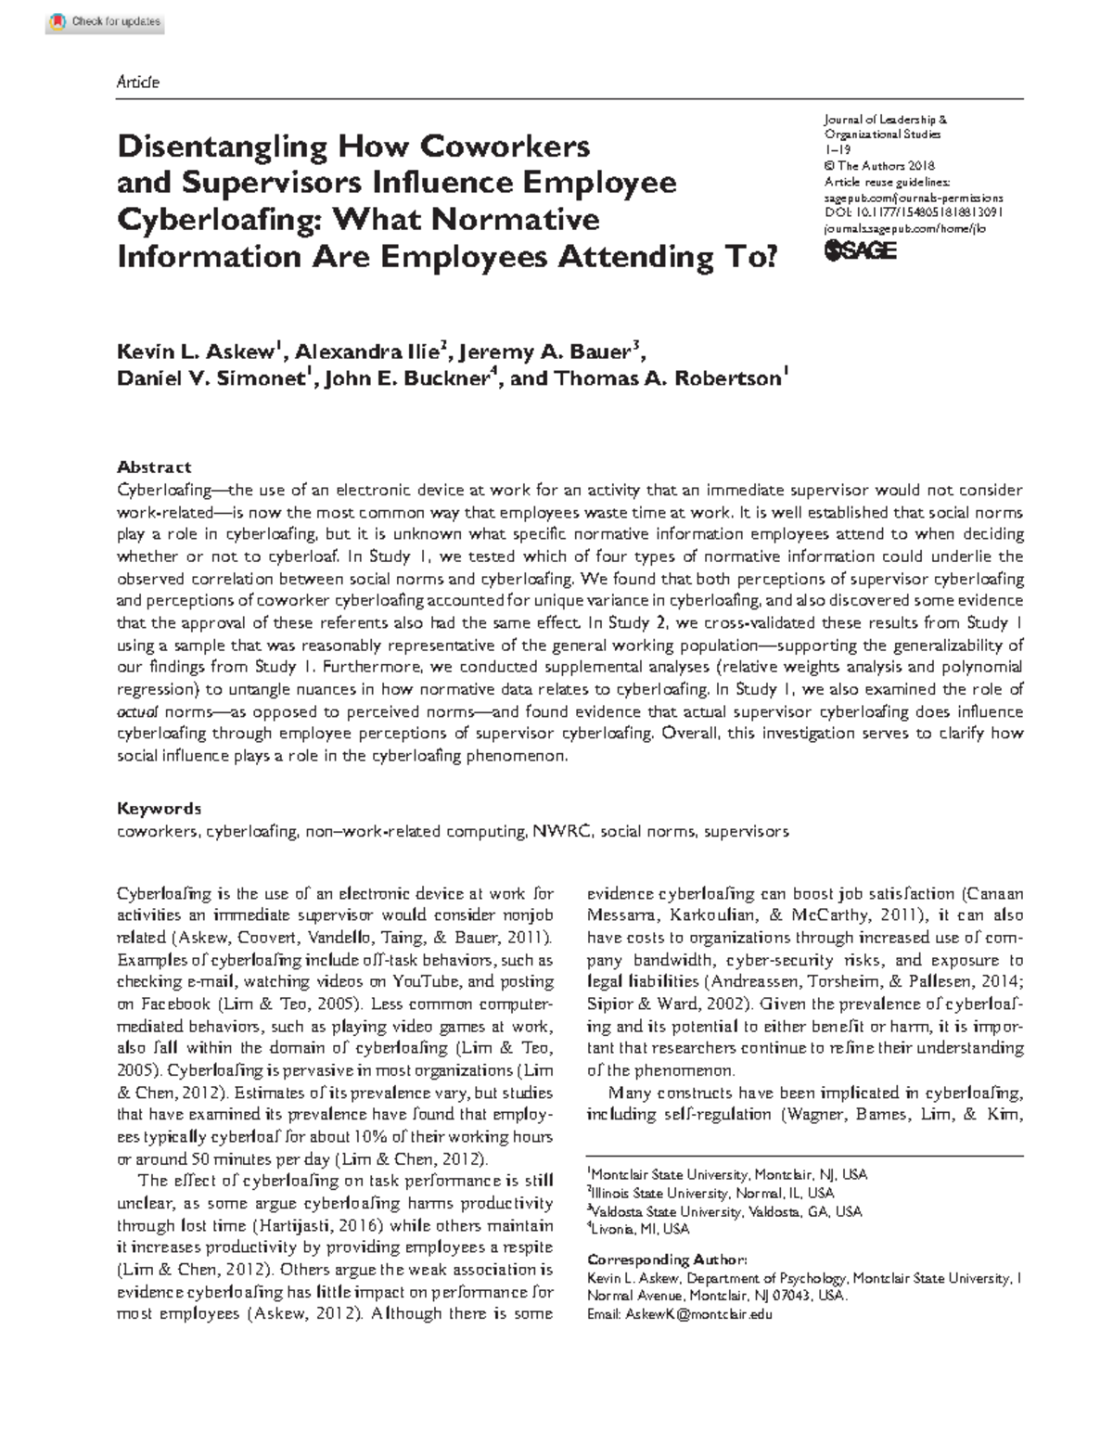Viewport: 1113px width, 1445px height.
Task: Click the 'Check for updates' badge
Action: [x=105, y=21]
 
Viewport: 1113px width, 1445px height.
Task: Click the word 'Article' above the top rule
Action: [x=137, y=83]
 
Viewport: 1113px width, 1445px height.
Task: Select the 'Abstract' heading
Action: [x=154, y=467]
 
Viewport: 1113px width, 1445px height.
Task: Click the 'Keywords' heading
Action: [x=158, y=808]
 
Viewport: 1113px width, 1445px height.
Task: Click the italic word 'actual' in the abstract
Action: [x=137, y=712]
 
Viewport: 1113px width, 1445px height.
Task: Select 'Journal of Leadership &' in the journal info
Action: [x=885, y=120]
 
